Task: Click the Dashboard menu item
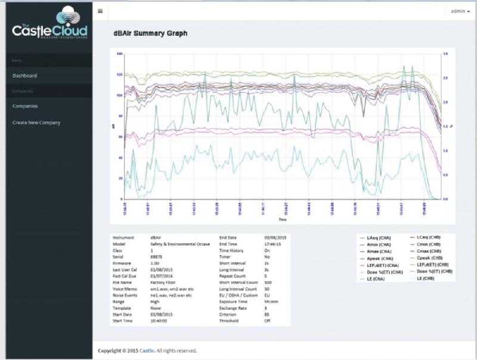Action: (25, 76)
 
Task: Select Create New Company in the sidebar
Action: (36, 123)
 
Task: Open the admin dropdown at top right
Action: (459, 11)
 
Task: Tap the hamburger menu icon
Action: (100, 11)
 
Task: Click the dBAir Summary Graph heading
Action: (150, 33)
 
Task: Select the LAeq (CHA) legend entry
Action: (379, 238)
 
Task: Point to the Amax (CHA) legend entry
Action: (379, 252)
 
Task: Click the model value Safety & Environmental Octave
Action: (178, 244)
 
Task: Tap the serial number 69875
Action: (156, 256)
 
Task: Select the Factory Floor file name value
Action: (163, 284)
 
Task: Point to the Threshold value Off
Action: (267, 321)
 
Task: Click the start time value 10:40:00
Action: (160, 321)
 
